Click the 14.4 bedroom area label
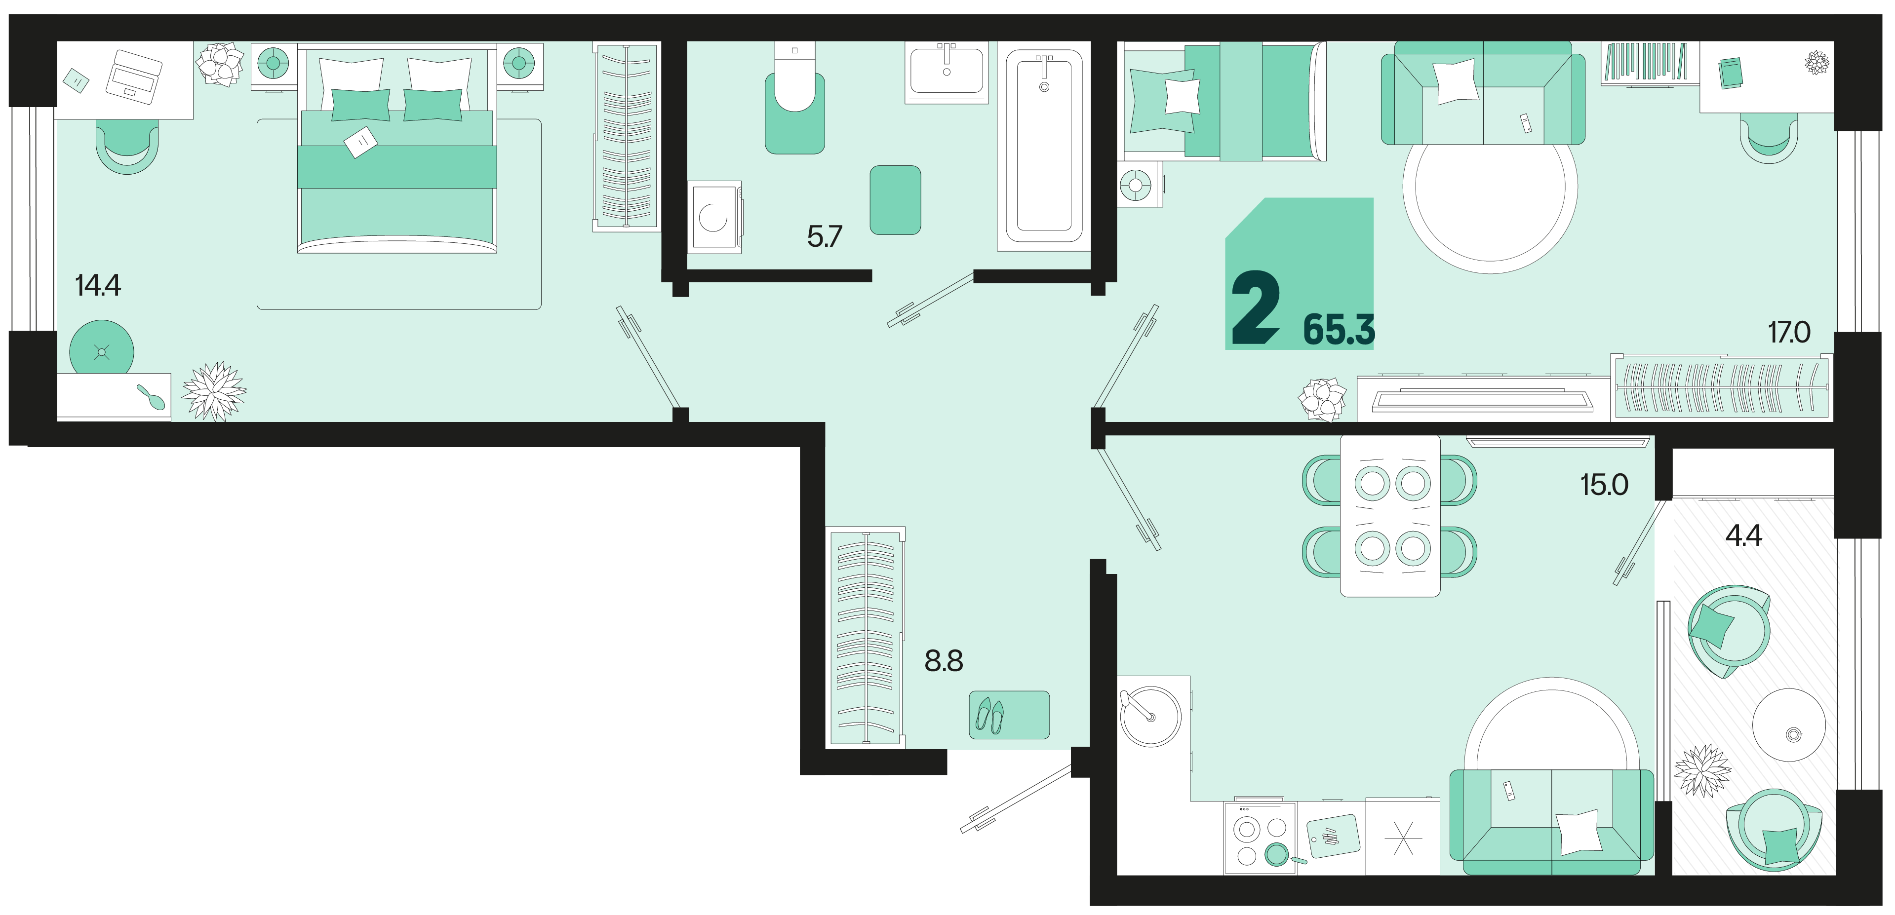point(98,285)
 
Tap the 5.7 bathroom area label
point(824,236)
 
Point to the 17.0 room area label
point(1789,333)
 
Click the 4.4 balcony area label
point(1743,535)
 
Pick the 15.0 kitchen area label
point(1604,485)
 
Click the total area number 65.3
point(1339,330)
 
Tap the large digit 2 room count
point(1255,306)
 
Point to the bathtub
point(1044,146)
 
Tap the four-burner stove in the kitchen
point(1260,838)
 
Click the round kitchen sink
point(1150,717)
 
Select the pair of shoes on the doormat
point(989,715)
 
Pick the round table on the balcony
point(1788,724)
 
